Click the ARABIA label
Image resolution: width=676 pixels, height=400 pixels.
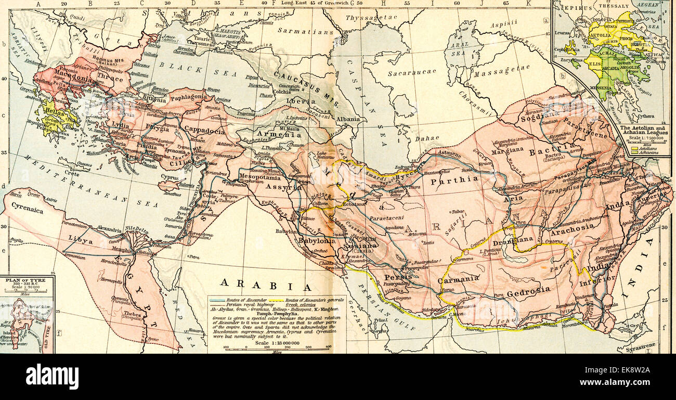tap(265, 285)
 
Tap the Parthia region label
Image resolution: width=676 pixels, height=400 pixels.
tap(454, 179)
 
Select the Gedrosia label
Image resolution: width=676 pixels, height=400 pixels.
tap(528, 291)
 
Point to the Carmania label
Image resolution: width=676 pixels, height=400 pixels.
tap(458, 279)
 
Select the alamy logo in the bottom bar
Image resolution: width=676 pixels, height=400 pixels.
tap(52, 376)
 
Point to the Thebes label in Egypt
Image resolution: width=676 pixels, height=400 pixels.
tap(132, 314)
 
